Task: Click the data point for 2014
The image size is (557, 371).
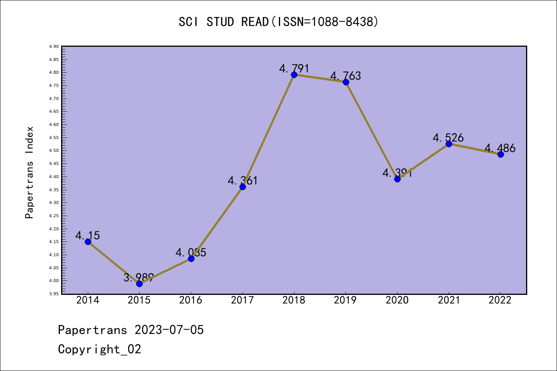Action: pos(88,242)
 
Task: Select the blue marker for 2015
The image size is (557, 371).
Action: pos(139,284)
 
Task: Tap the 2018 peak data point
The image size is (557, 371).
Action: pos(294,75)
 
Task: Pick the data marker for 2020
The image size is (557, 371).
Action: pos(397,179)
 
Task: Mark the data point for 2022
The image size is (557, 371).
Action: pos(501,154)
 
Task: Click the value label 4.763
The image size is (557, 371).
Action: pos(345,76)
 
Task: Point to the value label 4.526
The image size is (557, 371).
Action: pos(448,138)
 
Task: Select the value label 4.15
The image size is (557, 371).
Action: pos(87,235)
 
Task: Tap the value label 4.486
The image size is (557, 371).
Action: pos(500,148)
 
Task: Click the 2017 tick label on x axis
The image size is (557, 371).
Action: pos(242,300)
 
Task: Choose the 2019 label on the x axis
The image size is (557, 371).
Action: pos(345,300)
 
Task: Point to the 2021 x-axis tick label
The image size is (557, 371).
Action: pos(449,300)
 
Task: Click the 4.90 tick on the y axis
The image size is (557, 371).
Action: pos(54,47)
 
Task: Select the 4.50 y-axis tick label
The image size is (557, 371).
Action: pos(54,151)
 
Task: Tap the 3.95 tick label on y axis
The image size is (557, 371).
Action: pos(54,294)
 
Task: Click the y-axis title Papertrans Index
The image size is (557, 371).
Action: pos(29,172)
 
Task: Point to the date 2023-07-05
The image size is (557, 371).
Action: pos(169,330)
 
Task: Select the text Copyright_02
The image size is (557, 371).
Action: pos(99,349)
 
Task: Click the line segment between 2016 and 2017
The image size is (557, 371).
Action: pos(217,223)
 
